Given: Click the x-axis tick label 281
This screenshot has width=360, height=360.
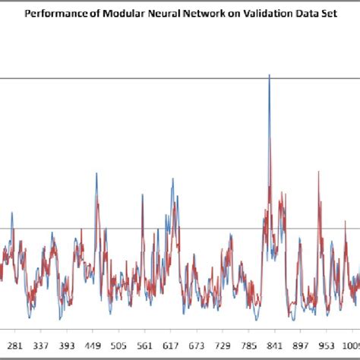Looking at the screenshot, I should pos(16,343).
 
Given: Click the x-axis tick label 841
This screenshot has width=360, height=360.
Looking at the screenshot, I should pos(275,343).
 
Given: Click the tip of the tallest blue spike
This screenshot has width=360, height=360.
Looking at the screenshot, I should pos(269,74).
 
